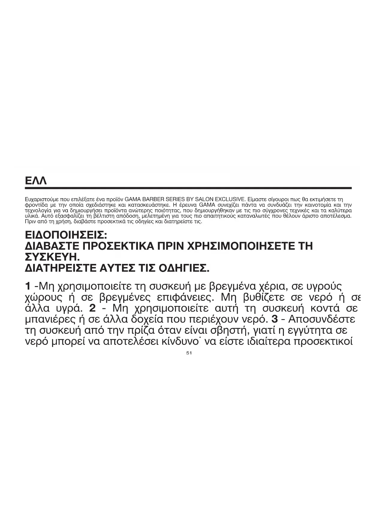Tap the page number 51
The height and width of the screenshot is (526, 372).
click(x=189, y=353)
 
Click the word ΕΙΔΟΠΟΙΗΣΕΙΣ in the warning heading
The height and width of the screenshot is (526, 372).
click(x=65, y=234)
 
